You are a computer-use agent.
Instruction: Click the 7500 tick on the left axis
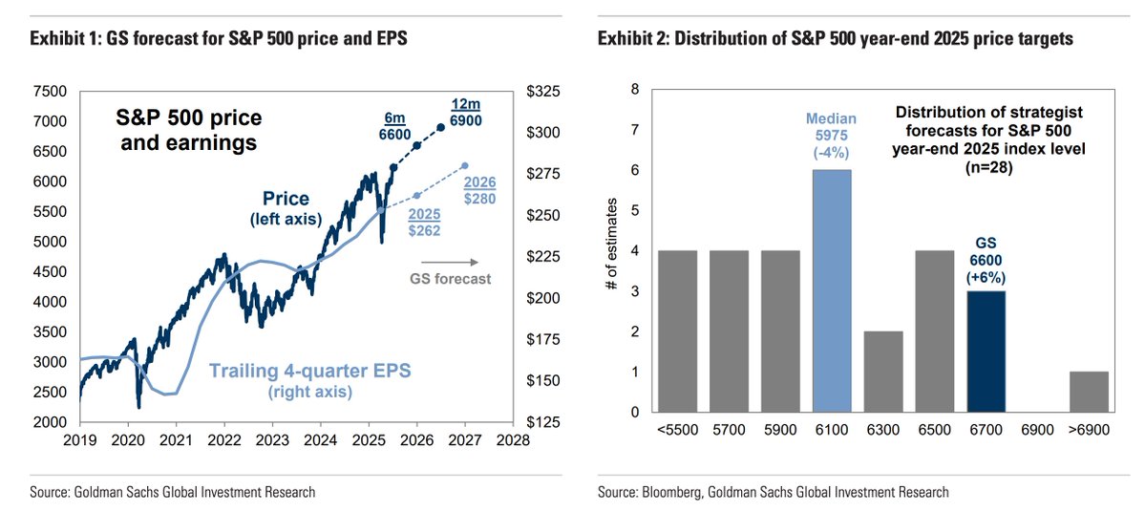coord(50,92)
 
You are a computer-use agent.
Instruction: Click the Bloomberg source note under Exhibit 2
coord(774,492)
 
